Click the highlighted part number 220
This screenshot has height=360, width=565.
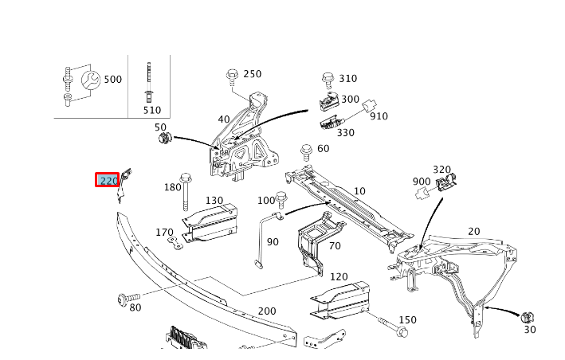coord(108,181)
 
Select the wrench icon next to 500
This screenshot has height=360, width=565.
coord(91,80)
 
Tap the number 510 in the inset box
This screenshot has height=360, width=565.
coord(151,110)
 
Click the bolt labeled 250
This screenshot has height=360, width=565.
coord(232,76)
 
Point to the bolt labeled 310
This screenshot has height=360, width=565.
coord(327,79)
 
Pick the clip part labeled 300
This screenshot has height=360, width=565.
coord(328,101)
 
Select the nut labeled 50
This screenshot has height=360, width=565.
coord(165,139)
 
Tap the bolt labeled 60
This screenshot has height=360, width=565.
coord(306,151)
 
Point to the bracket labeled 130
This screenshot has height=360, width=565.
coord(211,219)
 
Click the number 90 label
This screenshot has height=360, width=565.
coord(273,241)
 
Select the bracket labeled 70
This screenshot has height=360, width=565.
coord(314,239)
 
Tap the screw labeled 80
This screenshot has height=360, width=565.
coord(124,299)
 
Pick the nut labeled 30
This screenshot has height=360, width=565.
coord(527,318)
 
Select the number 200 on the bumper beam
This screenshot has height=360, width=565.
coord(266,311)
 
